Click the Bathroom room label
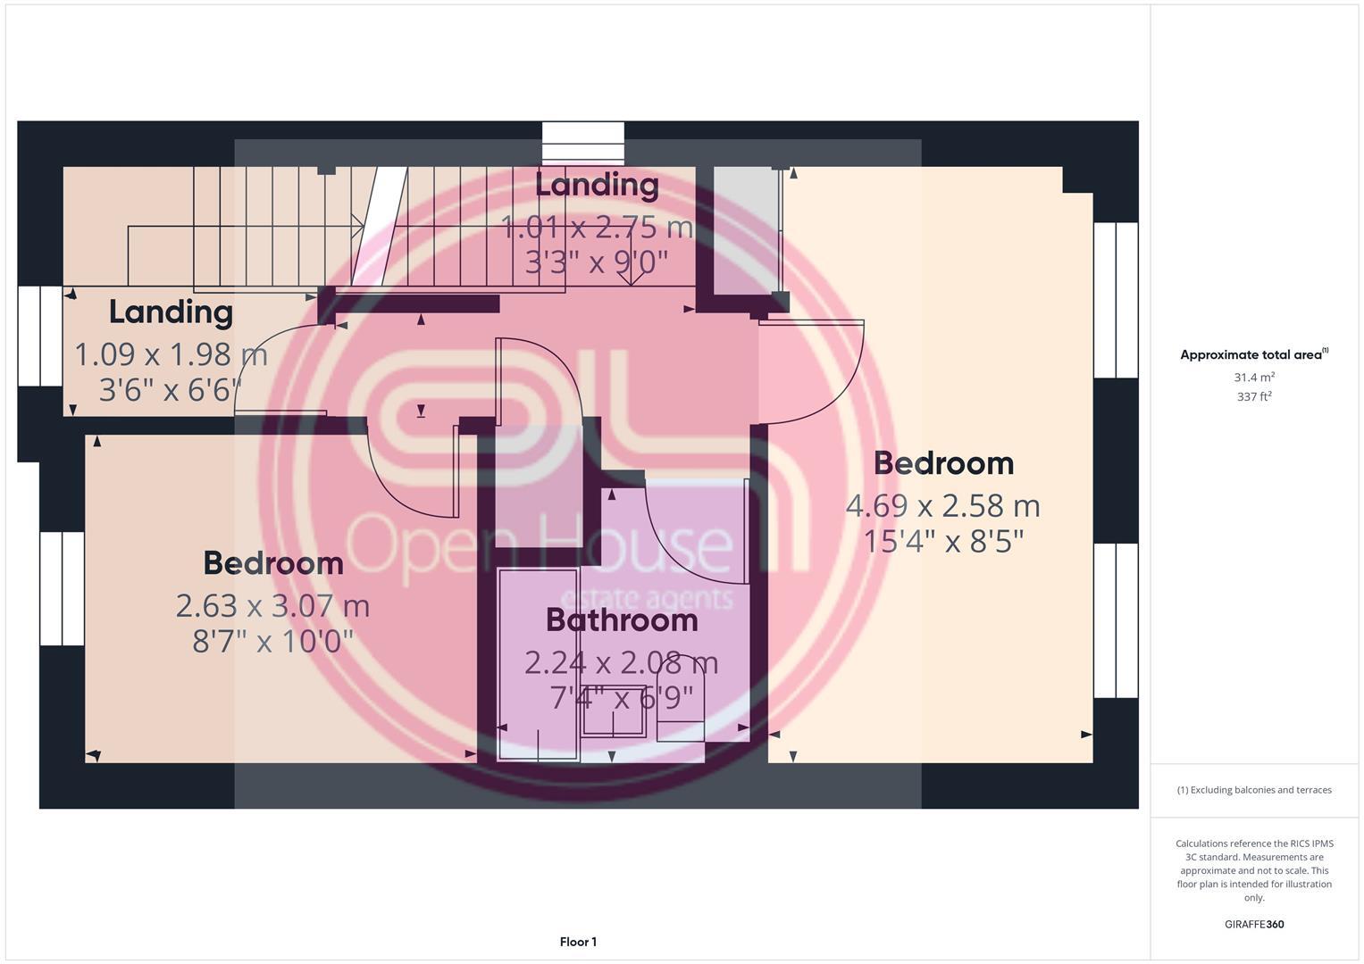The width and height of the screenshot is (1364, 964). click(x=621, y=619)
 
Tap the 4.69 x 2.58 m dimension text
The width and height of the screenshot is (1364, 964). click(x=942, y=506)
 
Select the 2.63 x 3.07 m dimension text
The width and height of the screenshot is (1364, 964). click(x=272, y=606)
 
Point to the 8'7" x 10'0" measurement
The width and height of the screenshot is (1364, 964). click(x=272, y=641)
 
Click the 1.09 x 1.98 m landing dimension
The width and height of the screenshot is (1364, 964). click(x=171, y=354)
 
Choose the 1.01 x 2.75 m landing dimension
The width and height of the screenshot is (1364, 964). click(x=597, y=227)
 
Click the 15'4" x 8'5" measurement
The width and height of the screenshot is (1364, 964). click(x=942, y=541)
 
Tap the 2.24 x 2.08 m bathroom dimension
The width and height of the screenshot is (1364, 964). click(x=621, y=662)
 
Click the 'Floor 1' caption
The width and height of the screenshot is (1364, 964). click(x=578, y=942)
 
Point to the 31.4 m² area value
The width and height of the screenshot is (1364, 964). click(x=1254, y=378)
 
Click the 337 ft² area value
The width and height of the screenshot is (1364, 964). click(x=1254, y=396)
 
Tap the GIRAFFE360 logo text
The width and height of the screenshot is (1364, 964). click(x=1254, y=925)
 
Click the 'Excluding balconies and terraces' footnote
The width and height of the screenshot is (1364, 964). click(x=1254, y=790)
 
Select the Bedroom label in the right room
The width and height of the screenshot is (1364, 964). click(x=943, y=463)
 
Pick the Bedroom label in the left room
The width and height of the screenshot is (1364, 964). click(x=272, y=563)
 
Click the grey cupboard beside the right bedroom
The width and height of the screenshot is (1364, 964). click(x=746, y=230)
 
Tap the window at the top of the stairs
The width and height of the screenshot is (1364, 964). click(x=583, y=143)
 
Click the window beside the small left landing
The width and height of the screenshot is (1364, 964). click(x=40, y=336)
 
